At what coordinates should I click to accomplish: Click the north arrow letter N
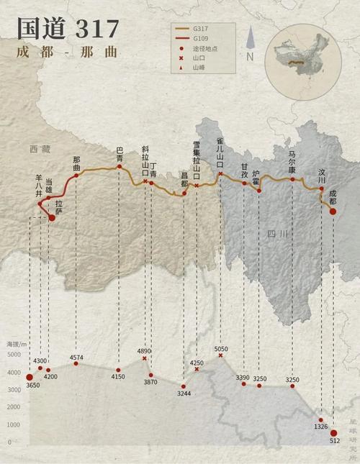point(250,56)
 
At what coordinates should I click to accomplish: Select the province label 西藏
point(40,149)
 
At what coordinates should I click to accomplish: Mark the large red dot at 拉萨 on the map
point(51,217)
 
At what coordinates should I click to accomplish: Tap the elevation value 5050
point(221,349)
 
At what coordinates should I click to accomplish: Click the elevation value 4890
point(145,351)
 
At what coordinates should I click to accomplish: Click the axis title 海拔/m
point(17,345)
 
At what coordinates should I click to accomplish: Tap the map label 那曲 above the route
point(76,164)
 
